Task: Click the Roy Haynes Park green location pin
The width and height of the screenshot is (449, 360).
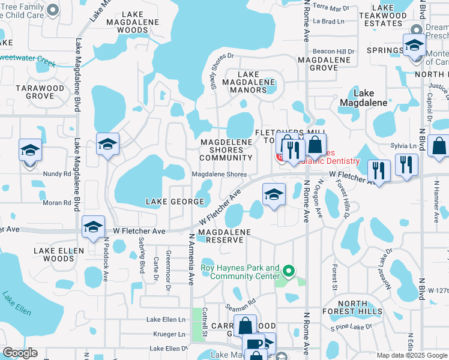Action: coord(289,272)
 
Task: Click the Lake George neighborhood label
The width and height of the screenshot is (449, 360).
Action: coord(169,202)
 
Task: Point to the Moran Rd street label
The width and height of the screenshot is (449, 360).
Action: coord(58,203)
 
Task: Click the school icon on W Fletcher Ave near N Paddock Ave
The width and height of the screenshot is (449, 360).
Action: coord(93,227)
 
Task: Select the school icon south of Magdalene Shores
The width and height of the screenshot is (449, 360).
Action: coord(273,195)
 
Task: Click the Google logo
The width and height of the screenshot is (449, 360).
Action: coord(20,353)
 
